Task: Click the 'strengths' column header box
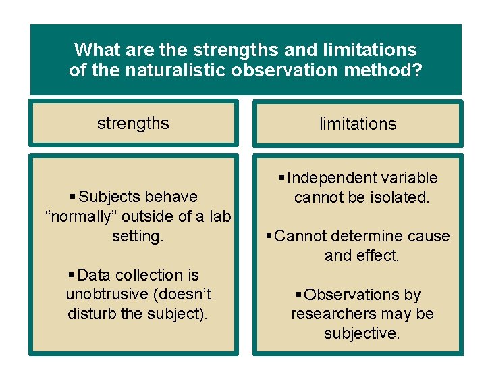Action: pyautogui.click(x=133, y=123)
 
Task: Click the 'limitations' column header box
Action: pyautogui.click(x=358, y=124)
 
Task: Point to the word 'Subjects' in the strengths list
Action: pyautogui.click(x=107, y=197)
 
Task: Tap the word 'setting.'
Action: pyautogui.click(x=138, y=236)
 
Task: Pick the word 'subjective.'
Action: pyautogui.click(x=362, y=333)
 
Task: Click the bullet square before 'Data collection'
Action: pyautogui.click(x=72, y=275)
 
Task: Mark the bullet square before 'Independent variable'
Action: pyautogui.click(x=281, y=178)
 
